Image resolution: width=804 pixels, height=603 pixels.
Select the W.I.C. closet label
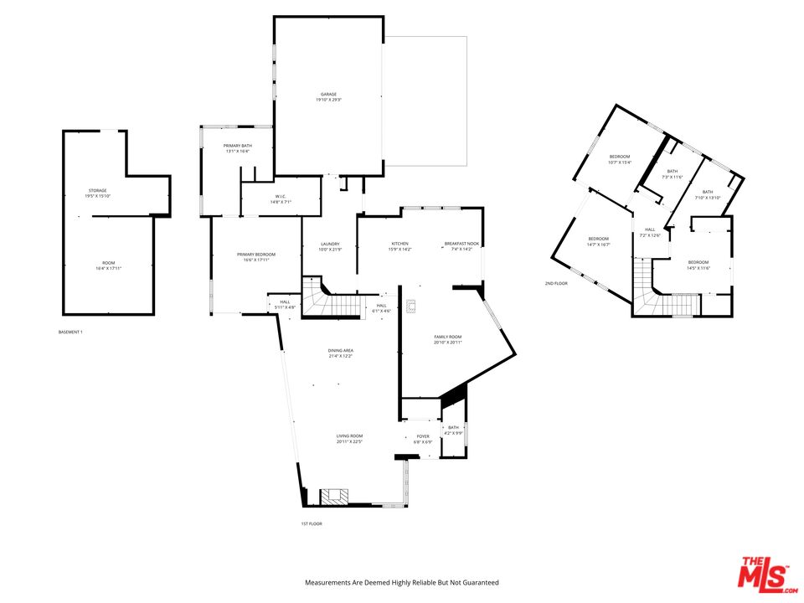(280, 198)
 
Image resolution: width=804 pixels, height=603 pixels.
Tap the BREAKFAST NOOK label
(462, 246)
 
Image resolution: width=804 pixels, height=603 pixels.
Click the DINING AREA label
(341, 353)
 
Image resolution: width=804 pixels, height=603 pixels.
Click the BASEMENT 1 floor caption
(70, 332)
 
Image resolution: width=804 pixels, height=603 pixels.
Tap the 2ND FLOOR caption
(556, 283)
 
